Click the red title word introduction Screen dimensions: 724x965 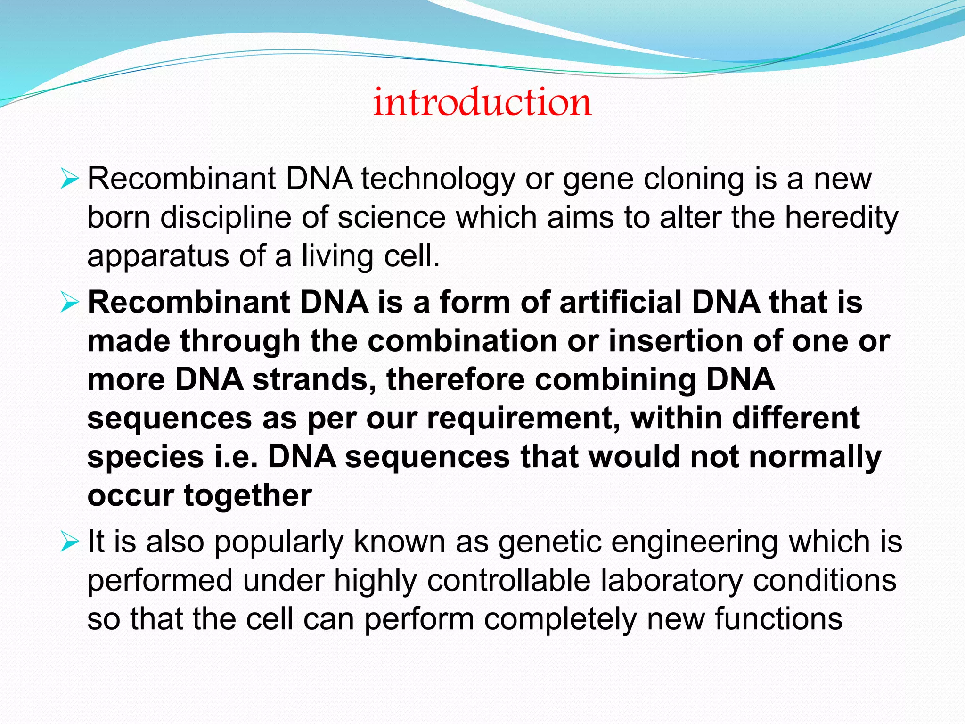click(x=482, y=102)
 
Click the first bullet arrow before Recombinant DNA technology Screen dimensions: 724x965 click(x=69, y=180)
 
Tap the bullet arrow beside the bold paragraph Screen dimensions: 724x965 click(x=69, y=303)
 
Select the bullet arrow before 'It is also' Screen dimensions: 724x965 click(x=69, y=542)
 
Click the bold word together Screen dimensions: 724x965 click(x=248, y=496)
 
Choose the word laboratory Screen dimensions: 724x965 click(x=671, y=581)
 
